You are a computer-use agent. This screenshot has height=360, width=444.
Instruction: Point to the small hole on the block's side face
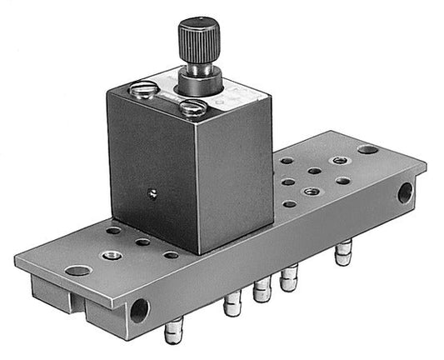pos(152,193)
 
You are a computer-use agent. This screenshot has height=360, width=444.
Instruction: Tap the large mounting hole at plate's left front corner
pos(77,270)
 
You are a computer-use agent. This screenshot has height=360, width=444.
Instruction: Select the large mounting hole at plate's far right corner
pos(367,151)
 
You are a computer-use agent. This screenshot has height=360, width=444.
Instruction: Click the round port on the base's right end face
pos(405,192)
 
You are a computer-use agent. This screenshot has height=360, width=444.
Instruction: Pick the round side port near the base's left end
pos(138,312)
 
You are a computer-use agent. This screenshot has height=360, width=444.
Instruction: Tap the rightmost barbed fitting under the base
pos(342,252)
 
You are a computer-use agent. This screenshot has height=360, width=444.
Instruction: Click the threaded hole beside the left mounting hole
pos(107,254)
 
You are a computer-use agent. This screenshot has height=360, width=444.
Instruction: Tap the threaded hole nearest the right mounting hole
pos(338,161)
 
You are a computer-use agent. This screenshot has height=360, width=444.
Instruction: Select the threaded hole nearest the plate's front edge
pos(310,192)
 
